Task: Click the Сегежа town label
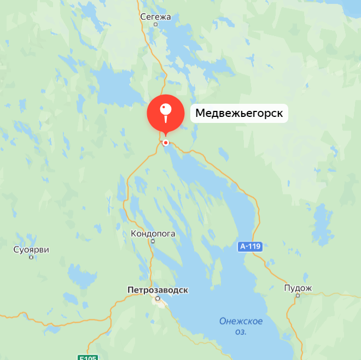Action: click(155, 16)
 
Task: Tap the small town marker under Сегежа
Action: click(155, 25)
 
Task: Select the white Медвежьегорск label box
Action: click(239, 114)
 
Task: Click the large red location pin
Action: click(166, 113)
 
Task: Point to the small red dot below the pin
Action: click(166, 143)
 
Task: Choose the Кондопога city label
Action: click(153, 233)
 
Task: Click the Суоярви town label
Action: click(31, 250)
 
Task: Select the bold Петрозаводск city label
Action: click(157, 290)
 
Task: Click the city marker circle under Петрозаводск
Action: click(158, 298)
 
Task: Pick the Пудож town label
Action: click(298, 288)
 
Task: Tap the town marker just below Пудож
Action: click(298, 296)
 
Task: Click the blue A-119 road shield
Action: click(250, 247)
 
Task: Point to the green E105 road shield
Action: click(87, 358)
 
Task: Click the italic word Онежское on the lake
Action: click(241, 321)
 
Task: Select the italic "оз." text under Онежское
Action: click(241, 332)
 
